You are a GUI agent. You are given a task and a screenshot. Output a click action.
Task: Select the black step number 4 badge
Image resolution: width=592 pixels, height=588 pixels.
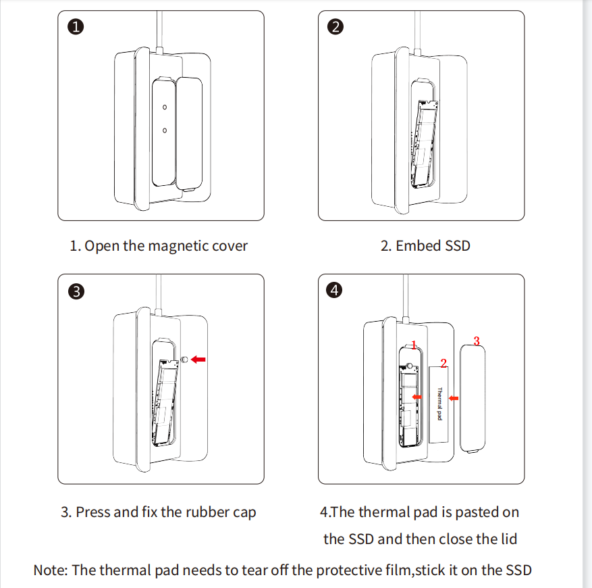tap(335, 291)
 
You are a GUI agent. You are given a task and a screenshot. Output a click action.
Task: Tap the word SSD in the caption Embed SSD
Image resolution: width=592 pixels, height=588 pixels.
tap(457, 246)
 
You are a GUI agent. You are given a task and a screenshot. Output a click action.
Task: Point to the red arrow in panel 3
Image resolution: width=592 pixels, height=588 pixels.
tap(198, 360)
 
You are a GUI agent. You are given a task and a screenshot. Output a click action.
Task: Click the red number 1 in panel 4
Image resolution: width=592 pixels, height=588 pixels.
tap(414, 345)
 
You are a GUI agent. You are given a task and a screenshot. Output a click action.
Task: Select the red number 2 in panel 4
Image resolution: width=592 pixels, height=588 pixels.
tap(443, 363)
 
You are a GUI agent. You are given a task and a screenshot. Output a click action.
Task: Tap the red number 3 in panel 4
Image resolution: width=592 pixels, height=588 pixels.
tap(476, 341)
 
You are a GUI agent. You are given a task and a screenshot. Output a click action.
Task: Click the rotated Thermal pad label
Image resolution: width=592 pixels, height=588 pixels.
tap(439, 404)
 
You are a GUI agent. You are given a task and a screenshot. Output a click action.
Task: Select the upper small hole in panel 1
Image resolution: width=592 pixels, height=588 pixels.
tap(164, 107)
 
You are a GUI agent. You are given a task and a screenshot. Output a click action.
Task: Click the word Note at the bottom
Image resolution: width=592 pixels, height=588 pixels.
tap(49, 570)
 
